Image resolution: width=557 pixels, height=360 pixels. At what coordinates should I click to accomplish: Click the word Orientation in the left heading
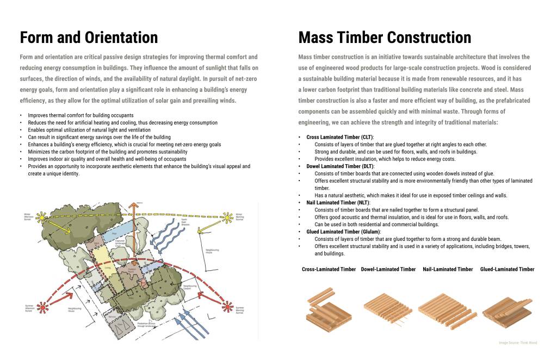tap(120, 38)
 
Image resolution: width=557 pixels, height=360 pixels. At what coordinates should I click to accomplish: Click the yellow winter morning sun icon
tap(227, 216)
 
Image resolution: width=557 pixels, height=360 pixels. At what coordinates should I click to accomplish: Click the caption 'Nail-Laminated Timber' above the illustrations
tap(448, 269)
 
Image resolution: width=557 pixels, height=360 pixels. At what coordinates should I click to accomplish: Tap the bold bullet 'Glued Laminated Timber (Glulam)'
tap(343, 232)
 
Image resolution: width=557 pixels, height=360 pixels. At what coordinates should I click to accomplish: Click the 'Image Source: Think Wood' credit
tap(518, 343)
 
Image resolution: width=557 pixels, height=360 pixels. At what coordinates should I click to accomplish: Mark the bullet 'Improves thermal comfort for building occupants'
tap(81, 116)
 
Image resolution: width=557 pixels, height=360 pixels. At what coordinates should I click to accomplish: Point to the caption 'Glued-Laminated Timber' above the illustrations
tap(507, 269)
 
